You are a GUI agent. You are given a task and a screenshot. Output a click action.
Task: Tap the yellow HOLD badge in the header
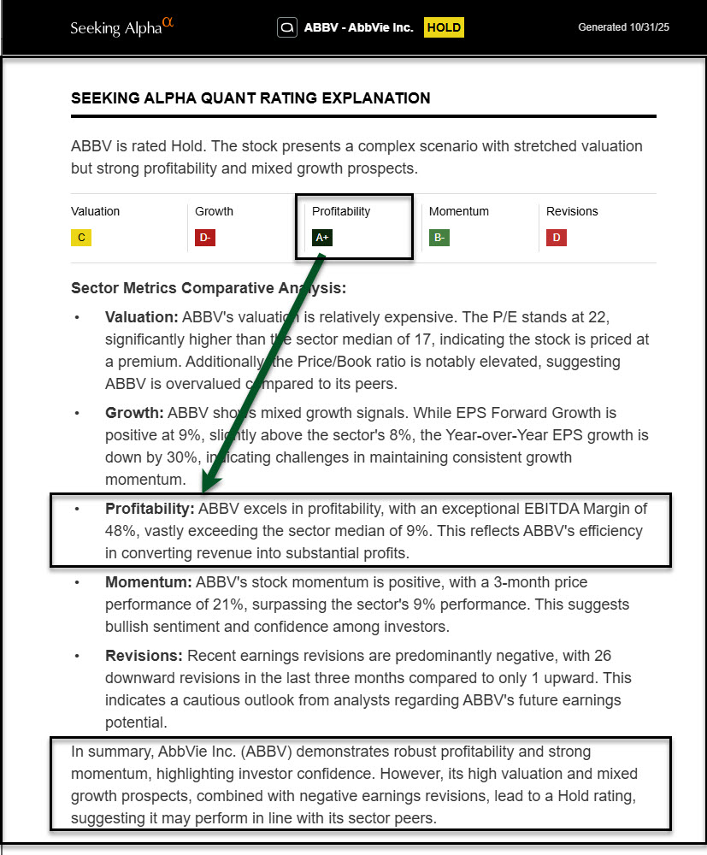[x=444, y=27]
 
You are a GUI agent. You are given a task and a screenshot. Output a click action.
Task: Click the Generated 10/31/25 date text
[x=623, y=27]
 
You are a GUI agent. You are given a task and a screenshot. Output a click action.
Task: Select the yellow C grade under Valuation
[x=81, y=238]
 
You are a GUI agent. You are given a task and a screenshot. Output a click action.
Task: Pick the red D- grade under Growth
[x=205, y=238]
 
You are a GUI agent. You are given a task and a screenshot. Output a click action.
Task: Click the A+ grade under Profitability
[x=321, y=238]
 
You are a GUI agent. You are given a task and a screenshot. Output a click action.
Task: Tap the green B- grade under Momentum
[x=439, y=238]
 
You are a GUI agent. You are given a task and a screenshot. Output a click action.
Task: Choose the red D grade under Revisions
[x=557, y=238]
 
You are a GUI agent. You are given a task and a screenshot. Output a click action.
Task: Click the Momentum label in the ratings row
[x=458, y=211]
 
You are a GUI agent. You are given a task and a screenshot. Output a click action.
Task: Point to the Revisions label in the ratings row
[x=572, y=211]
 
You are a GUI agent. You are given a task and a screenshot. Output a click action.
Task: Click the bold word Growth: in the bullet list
[x=134, y=413]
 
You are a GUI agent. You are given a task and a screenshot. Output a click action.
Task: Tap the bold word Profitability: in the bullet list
[x=150, y=509]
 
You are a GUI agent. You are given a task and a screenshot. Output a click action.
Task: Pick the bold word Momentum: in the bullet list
[x=149, y=582]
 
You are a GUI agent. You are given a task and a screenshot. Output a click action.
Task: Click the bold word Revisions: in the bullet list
[x=144, y=656]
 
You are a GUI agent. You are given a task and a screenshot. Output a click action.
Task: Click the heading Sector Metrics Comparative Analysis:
[x=209, y=288]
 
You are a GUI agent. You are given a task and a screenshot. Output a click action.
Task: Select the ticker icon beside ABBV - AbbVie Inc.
[x=287, y=27]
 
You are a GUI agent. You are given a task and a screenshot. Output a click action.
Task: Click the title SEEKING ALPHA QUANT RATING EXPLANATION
[x=250, y=98]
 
